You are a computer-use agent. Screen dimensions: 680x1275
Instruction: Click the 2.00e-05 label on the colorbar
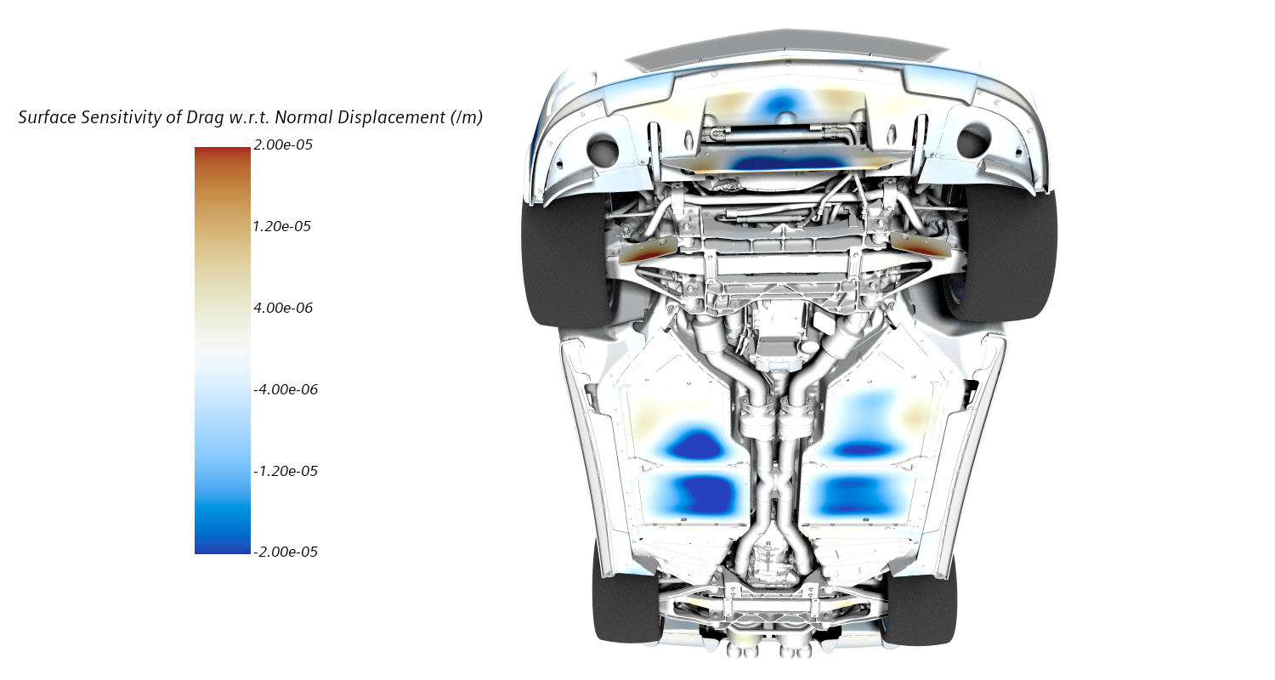(x=283, y=145)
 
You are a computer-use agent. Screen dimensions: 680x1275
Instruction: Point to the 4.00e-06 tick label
(x=283, y=308)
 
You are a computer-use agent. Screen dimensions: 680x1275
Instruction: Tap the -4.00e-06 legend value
(x=286, y=389)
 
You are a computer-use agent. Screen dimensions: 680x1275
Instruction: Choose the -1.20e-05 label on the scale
(x=286, y=471)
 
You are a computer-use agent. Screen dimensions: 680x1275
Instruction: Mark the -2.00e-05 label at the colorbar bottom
(x=286, y=552)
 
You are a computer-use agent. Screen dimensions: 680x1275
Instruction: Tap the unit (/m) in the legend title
(x=467, y=118)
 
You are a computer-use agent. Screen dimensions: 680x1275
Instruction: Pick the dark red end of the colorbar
(x=222, y=153)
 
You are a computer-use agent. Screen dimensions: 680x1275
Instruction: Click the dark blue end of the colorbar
(x=222, y=547)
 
